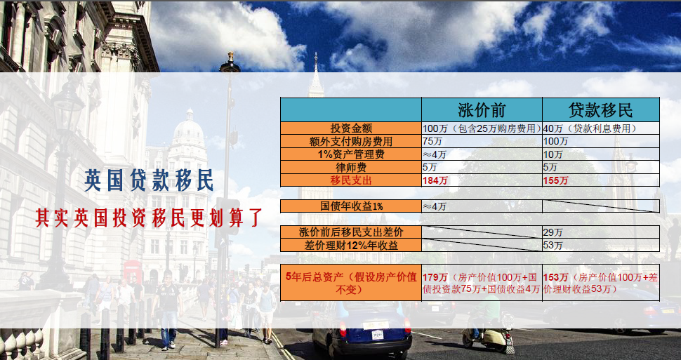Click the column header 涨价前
481,110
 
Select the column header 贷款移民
601,110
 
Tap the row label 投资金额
351,128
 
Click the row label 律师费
351,167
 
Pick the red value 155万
555,180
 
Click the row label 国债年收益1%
351,206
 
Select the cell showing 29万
553,232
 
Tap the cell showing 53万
553,246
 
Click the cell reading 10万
553,154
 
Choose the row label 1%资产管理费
351,154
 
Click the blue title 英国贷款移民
149,180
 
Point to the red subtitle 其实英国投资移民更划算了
149,218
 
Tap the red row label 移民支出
351,180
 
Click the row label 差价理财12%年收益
351,246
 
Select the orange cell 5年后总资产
351,283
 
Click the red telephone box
131,272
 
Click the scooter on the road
488,331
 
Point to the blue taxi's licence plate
378,334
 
